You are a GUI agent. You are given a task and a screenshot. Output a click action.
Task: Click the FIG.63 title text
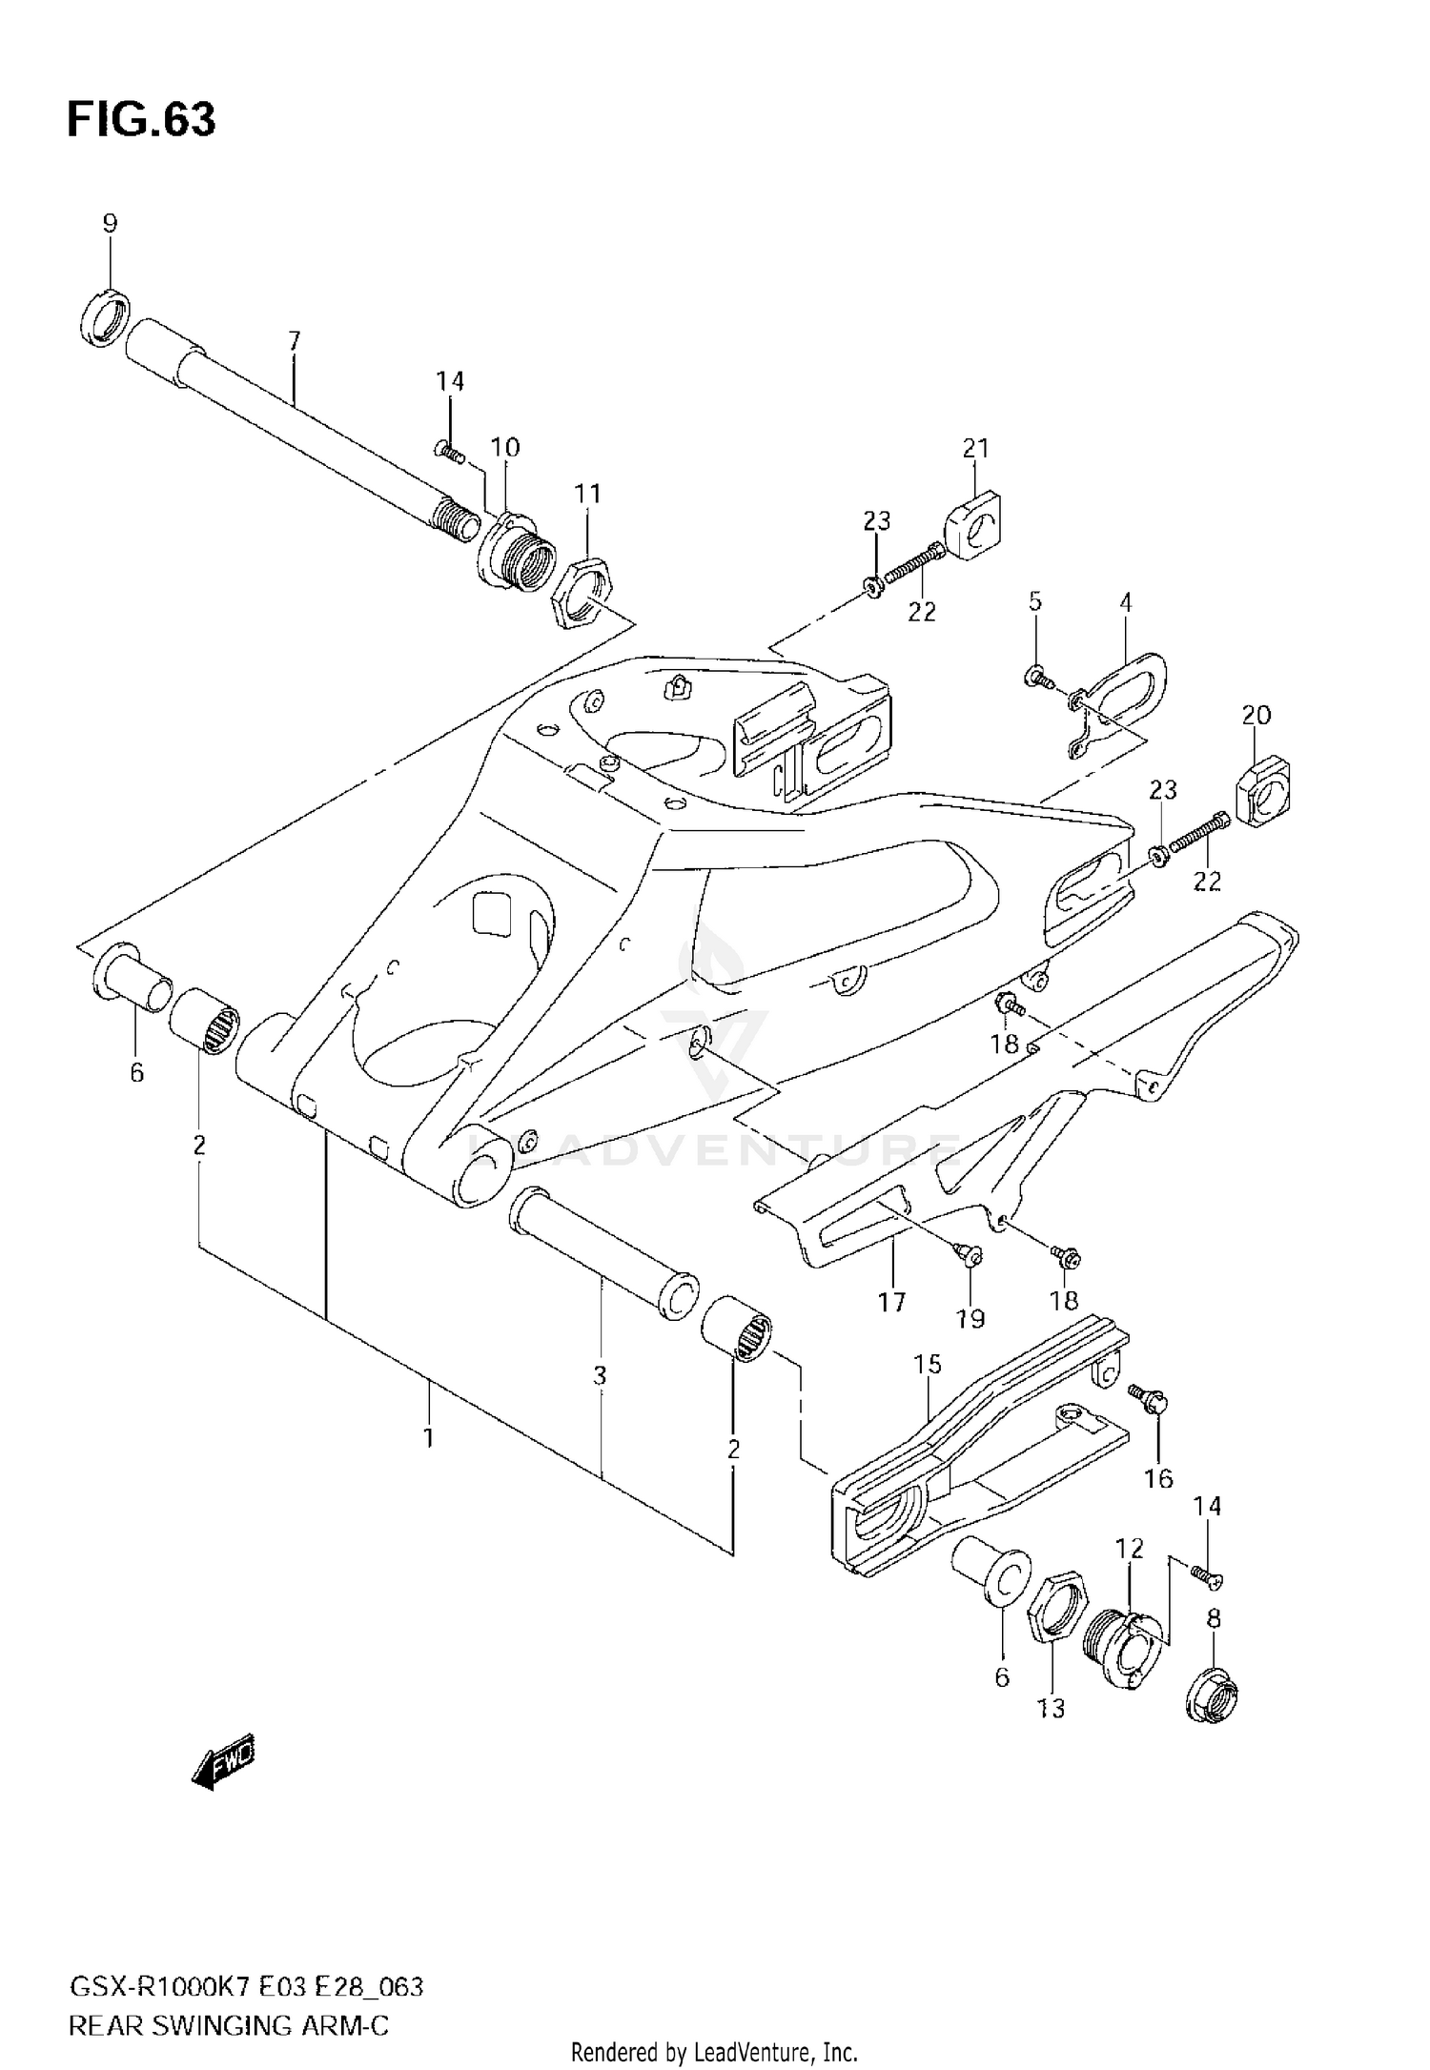(x=141, y=120)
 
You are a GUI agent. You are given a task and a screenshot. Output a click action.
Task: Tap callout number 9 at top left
(x=110, y=224)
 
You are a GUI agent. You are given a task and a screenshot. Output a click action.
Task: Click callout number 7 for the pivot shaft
(x=294, y=340)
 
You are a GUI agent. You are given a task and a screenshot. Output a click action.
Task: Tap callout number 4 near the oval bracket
(x=1126, y=602)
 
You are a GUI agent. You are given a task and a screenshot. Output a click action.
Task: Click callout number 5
(x=1035, y=601)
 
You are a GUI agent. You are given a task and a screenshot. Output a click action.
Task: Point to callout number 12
(x=1130, y=1549)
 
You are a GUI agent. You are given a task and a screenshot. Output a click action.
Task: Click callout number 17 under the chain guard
(x=892, y=1302)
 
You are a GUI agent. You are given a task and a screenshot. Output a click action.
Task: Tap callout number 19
(x=970, y=1319)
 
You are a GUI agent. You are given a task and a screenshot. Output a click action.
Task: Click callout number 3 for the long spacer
(x=600, y=1375)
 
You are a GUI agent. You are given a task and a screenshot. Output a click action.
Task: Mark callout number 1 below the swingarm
(x=429, y=1437)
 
